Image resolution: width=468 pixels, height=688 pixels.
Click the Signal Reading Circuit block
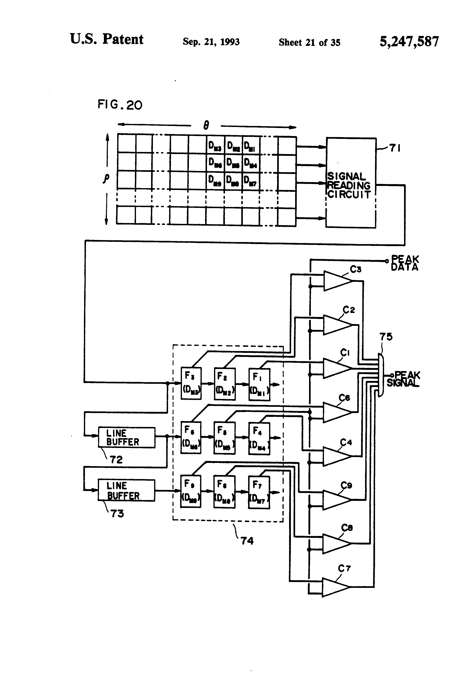click(351, 183)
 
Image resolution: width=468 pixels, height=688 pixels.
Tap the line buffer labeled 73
click(126, 490)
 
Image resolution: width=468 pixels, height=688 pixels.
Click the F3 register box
click(191, 383)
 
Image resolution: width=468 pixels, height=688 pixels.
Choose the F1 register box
click(259, 384)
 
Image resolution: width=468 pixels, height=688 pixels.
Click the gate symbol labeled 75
click(381, 375)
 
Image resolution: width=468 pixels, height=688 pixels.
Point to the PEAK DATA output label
click(404, 263)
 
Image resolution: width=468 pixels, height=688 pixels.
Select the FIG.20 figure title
click(120, 105)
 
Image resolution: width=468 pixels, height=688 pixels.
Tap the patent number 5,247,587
click(409, 41)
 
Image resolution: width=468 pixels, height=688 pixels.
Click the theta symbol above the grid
click(206, 126)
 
